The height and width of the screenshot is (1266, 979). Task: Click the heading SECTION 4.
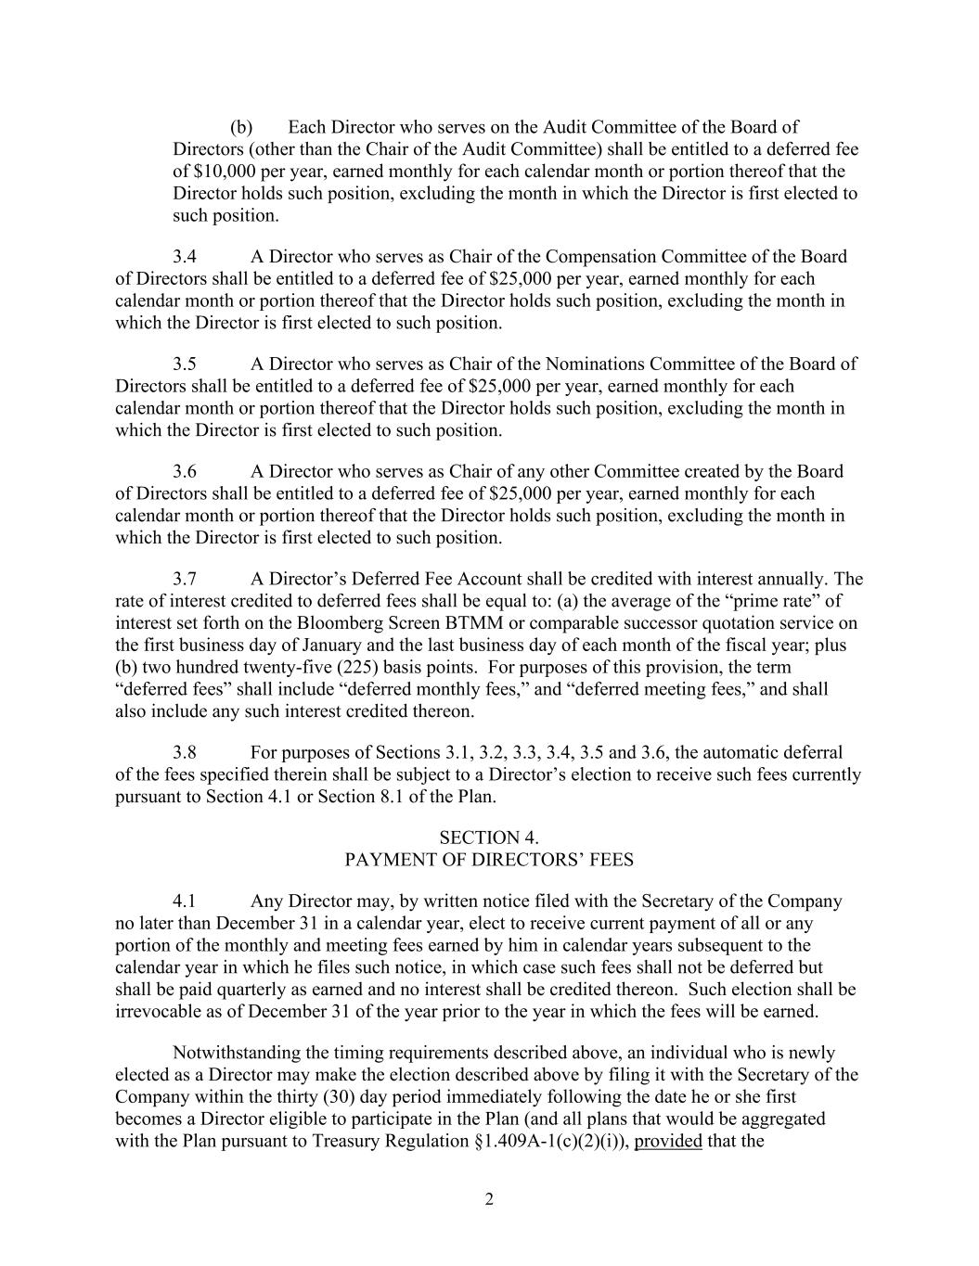tap(489, 838)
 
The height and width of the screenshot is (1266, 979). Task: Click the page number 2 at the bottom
tap(489, 1199)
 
